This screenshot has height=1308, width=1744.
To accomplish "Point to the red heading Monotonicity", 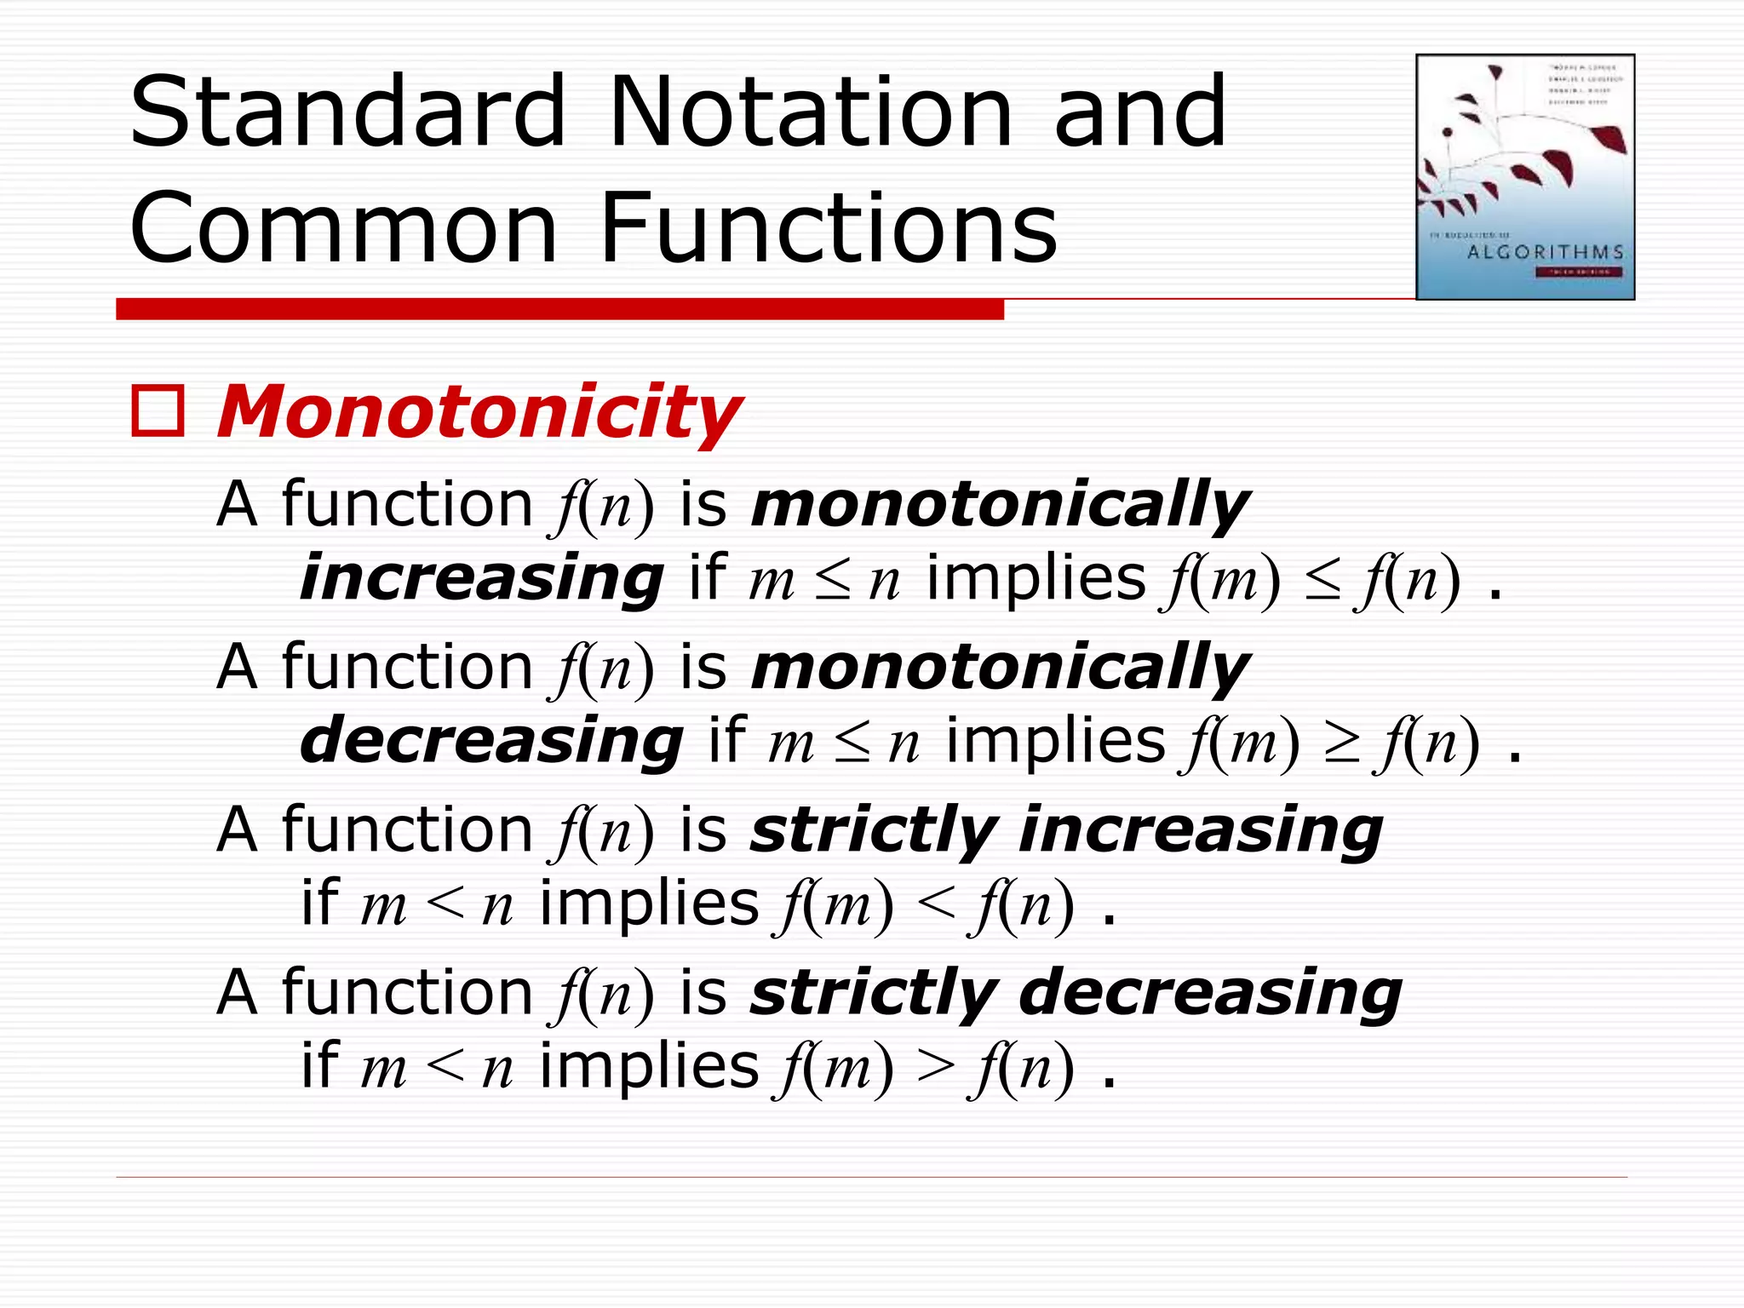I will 479,413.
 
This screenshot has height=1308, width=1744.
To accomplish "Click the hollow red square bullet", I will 158,411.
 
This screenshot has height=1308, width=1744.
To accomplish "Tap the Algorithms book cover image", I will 1524,177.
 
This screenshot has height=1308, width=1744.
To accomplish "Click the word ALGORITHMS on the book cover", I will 1545,252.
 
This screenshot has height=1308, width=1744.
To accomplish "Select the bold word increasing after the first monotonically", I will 481,578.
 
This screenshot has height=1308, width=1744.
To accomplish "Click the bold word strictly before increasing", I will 873,829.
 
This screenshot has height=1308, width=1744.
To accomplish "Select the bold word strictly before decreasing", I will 873,993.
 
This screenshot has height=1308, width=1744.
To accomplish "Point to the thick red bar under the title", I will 559,309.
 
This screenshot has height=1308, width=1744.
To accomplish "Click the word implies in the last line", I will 649,1066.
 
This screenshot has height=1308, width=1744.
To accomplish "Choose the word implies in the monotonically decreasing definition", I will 1055,741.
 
